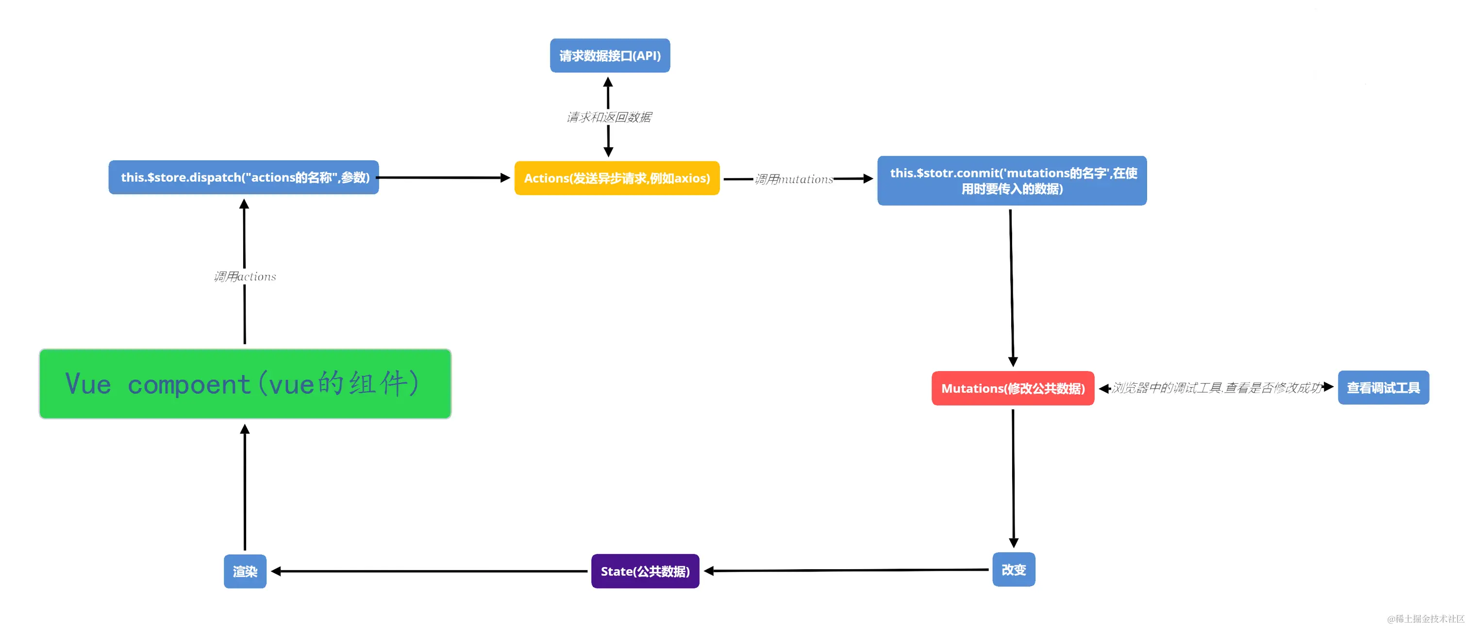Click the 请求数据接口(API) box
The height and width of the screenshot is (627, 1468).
tap(609, 55)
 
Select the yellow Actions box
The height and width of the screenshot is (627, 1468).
tap(617, 178)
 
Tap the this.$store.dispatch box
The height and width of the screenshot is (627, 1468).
tap(244, 177)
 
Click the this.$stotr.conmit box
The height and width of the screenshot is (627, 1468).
tap(1012, 181)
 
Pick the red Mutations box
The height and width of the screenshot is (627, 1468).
tap(1012, 388)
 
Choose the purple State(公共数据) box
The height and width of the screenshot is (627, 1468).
tap(645, 571)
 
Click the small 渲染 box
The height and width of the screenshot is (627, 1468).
tap(245, 571)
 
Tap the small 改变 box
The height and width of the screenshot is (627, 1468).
tap(1013, 569)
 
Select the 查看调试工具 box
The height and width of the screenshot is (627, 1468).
tap(1383, 388)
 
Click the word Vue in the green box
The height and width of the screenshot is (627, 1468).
tap(88, 384)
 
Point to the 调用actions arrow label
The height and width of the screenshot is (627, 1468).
tap(245, 276)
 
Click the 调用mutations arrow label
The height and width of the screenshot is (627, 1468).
tap(794, 179)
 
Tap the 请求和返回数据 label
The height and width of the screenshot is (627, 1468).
tap(609, 117)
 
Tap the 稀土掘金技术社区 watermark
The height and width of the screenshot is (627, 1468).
tap(1425, 618)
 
